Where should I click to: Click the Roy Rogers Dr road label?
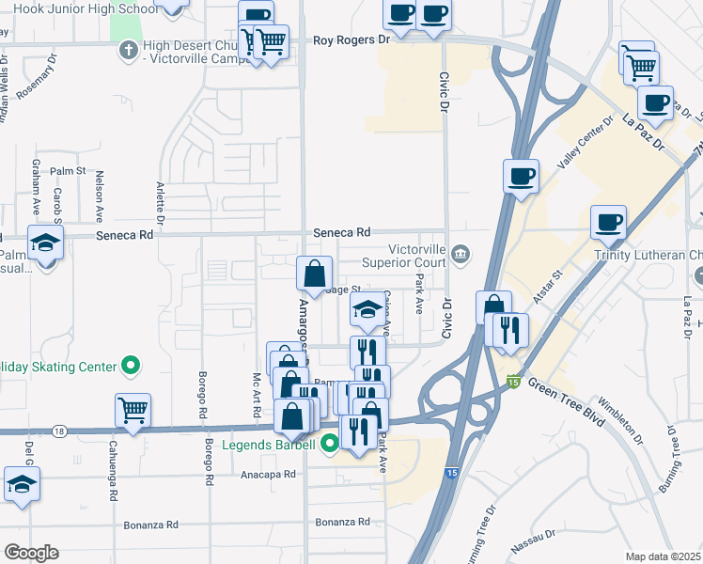[351, 40]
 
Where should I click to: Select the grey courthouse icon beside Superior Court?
[461, 252]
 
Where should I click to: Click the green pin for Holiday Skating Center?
[131, 366]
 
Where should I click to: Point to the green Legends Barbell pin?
[329, 443]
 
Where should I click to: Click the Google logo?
[31, 553]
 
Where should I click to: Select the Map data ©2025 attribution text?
[664, 556]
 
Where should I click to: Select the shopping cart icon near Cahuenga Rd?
[133, 409]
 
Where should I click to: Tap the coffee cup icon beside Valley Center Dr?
[521, 175]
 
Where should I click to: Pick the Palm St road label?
[69, 171]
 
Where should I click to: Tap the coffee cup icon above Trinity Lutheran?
[608, 222]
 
